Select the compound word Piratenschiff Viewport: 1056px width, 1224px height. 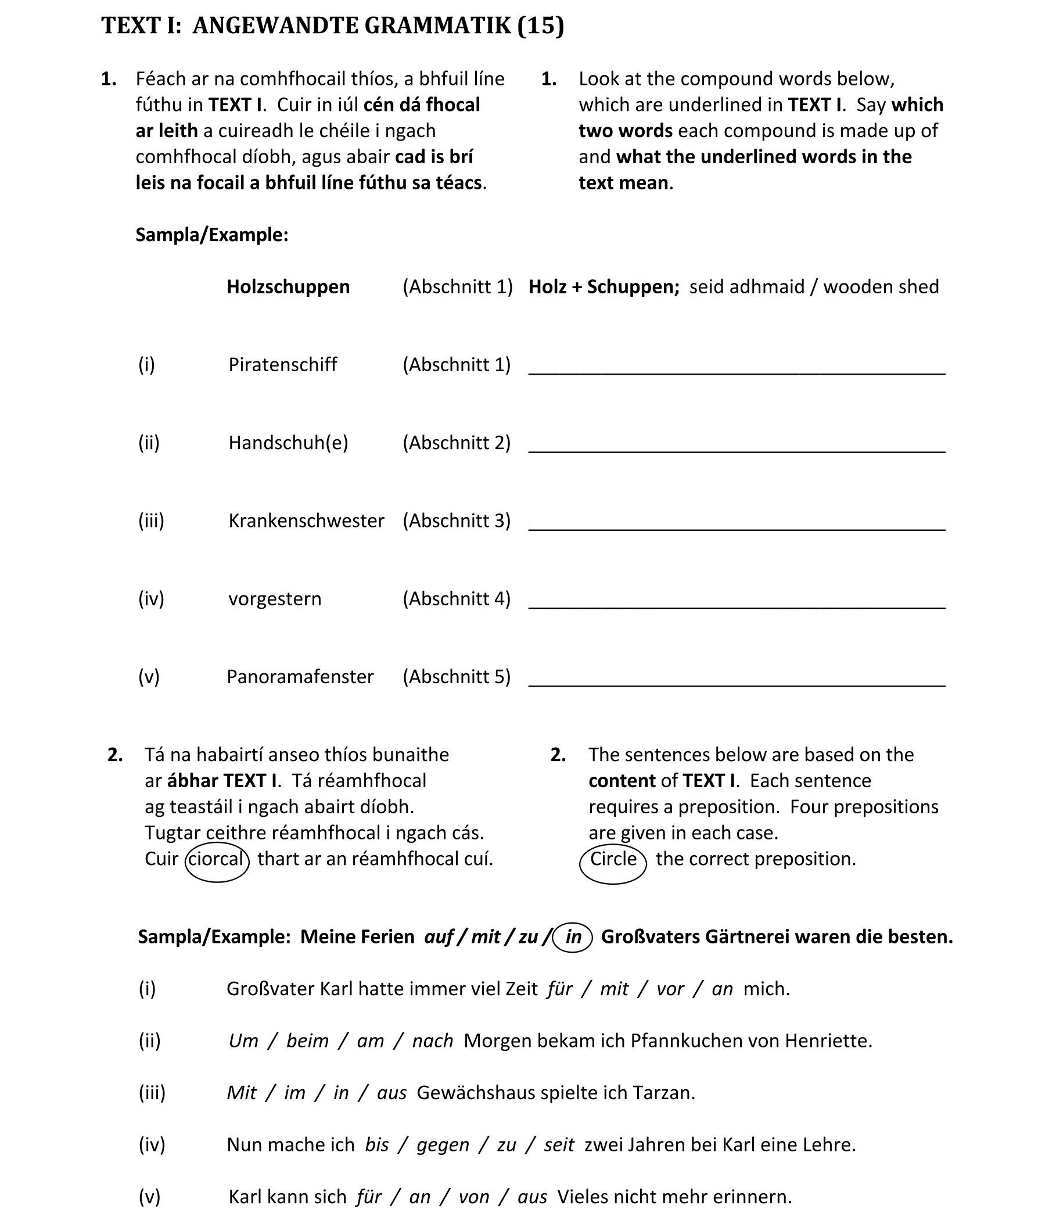[282, 364]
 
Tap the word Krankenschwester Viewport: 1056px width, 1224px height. [306, 521]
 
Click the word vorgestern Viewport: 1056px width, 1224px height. [275, 598]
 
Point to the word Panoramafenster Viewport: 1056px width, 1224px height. [300, 676]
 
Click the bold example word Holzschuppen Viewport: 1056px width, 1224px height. [288, 286]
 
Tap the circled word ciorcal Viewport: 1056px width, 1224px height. [216, 859]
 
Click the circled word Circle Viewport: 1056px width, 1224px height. [613, 859]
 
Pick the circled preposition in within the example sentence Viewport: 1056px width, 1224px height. [573, 936]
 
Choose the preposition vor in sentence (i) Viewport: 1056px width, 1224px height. [670, 988]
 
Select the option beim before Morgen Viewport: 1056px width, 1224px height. [307, 1040]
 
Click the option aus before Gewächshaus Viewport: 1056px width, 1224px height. [391, 1092]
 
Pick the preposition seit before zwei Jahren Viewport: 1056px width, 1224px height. [559, 1144]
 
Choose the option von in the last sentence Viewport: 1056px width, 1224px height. [473, 1196]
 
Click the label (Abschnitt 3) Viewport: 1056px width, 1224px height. [457, 521]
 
